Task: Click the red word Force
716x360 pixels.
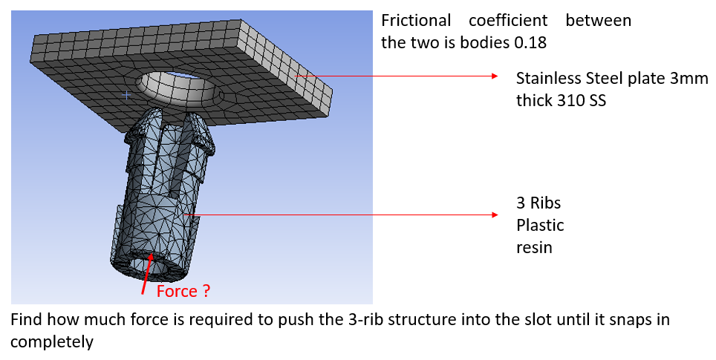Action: (x=176, y=291)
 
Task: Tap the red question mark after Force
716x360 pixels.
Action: (x=206, y=291)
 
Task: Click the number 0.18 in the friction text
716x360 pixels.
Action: (x=530, y=42)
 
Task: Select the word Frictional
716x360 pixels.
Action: (x=415, y=21)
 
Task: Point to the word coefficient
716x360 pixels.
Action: (x=508, y=21)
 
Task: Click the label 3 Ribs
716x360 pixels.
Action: (x=538, y=203)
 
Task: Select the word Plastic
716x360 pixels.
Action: (x=540, y=225)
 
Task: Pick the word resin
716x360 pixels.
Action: (x=534, y=247)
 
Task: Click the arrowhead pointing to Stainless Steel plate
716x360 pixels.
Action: (x=495, y=76)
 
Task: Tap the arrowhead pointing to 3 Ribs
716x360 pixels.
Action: (x=495, y=215)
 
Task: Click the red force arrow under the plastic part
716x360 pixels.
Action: (x=147, y=274)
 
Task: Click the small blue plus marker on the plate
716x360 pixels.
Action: (x=127, y=95)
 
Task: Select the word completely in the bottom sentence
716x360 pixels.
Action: (x=51, y=341)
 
